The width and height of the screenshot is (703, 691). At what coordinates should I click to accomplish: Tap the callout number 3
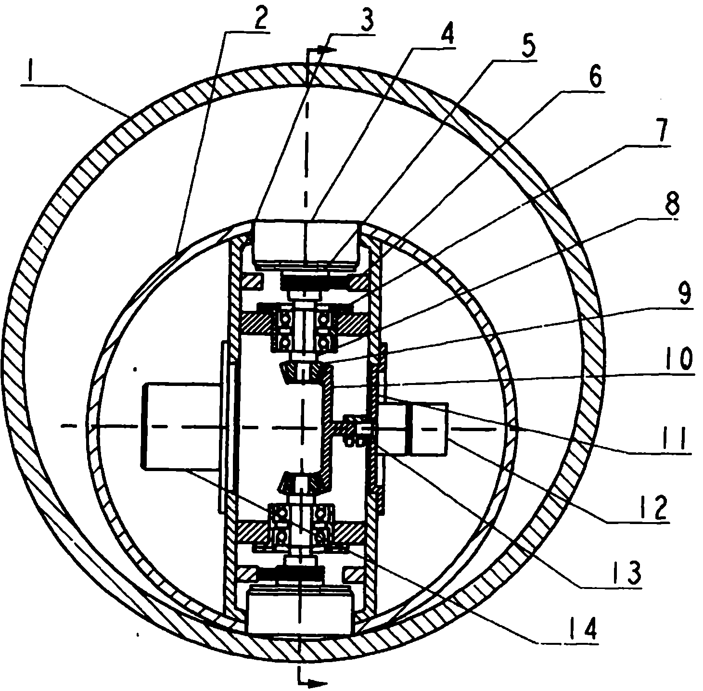365,20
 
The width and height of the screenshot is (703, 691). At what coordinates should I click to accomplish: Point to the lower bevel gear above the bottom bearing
299,482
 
